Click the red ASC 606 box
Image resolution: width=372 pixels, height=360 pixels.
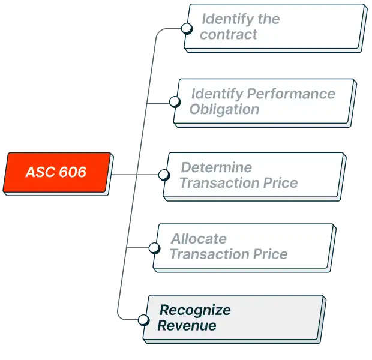(58, 173)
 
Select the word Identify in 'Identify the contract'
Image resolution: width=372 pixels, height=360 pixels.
(226, 19)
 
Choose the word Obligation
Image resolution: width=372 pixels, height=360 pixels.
(224, 109)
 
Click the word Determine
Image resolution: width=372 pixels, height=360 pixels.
(216, 167)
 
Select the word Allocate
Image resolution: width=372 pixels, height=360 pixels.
(199, 239)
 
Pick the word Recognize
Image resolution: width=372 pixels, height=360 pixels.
(194, 310)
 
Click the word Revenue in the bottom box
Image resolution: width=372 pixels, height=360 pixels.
(187, 326)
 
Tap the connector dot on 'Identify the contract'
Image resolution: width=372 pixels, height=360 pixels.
(187, 28)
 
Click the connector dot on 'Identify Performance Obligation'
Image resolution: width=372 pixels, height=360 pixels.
(174, 101)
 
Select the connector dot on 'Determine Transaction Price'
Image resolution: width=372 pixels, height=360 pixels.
(164, 175)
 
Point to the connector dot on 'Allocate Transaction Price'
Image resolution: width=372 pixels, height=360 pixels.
(154, 247)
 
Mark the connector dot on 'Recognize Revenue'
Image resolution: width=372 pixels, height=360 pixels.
(143, 319)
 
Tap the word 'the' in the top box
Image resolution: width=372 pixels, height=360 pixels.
(268, 19)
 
